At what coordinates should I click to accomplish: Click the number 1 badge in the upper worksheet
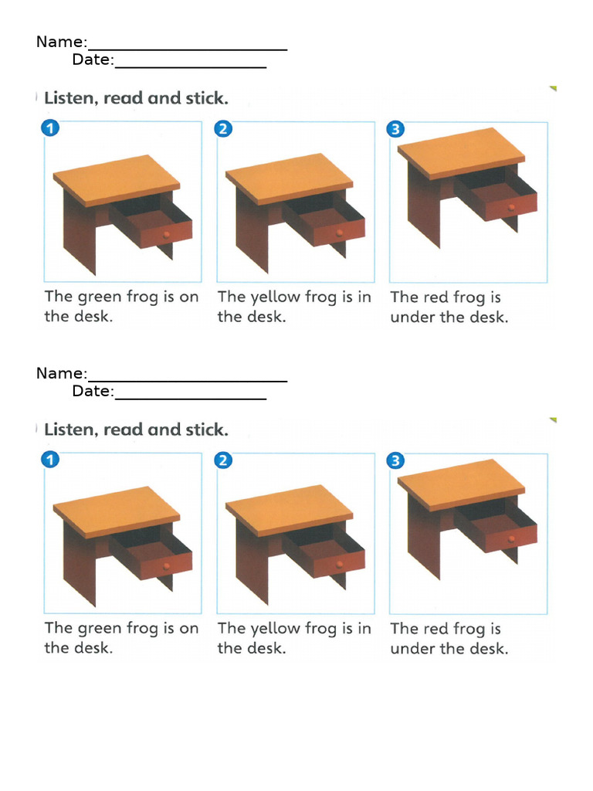click(49, 129)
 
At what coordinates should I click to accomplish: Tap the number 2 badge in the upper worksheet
click(222, 129)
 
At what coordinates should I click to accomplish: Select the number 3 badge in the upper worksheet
click(395, 129)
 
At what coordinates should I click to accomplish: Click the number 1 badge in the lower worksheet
click(49, 461)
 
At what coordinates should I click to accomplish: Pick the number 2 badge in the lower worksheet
click(222, 461)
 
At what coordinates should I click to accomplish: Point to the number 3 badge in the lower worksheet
click(395, 461)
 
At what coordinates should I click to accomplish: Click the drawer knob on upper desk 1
click(166, 235)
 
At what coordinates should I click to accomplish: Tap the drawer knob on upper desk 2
click(339, 234)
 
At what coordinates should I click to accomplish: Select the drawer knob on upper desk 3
click(511, 209)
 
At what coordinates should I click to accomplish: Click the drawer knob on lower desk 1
click(166, 566)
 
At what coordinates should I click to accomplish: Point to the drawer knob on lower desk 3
click(511, 541)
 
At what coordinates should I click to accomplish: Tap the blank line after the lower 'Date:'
click(190, 395)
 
